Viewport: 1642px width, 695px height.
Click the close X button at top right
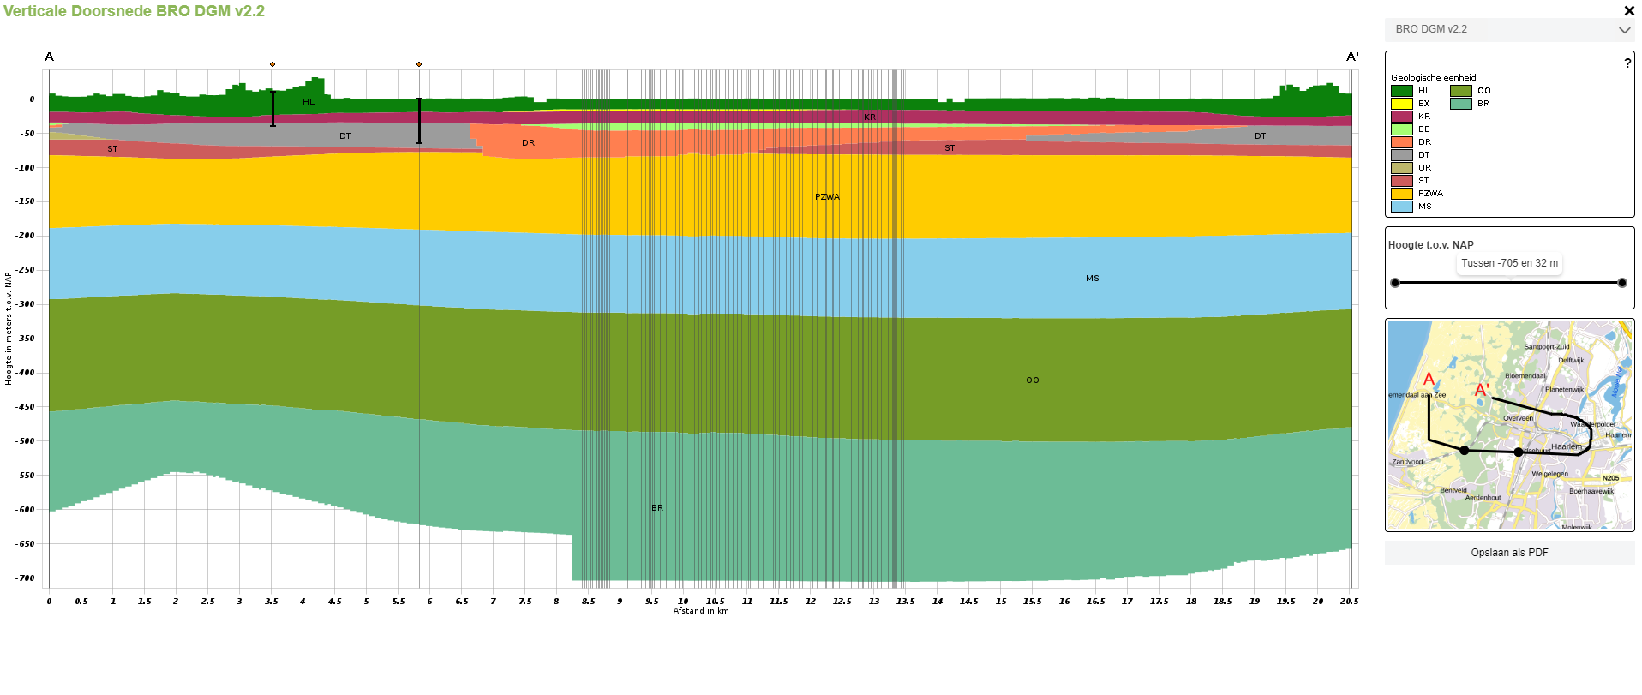(x=1629, y=11)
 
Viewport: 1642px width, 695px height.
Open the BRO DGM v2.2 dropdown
(x=1509, y=29)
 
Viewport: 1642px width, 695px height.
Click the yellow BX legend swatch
(x=1401, y=104)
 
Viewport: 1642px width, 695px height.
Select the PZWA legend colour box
(x=1401, y=194)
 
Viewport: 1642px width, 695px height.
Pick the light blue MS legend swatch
(x=1401, y=207)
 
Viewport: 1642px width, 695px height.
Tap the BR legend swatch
(x=1460, y=104)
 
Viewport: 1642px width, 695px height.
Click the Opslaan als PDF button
(x=1509, y=553)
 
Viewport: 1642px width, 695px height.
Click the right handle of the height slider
(x=1621, y=283)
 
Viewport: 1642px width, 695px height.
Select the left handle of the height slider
(x=1395, y=283)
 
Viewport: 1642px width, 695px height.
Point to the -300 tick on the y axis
(x=26, y=304)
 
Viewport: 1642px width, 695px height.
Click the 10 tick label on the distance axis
(x=683, y=602)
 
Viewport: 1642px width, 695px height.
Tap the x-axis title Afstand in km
(x=701, y=611)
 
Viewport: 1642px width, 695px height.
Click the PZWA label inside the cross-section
(x=827, y=197)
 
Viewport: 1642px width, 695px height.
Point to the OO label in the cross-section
(x=1033, y=380)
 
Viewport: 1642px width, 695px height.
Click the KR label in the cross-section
(x=870, y=117)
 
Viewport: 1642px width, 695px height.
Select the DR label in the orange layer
(x=528, y=143)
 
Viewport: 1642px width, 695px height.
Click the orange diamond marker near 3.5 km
(x=273, y=64)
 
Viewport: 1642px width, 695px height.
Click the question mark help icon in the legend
(x=1627, y=63)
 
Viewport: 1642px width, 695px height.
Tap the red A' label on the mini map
(x=1482, y=391)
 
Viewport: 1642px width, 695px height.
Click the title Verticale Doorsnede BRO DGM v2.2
(x=134, y=11)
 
